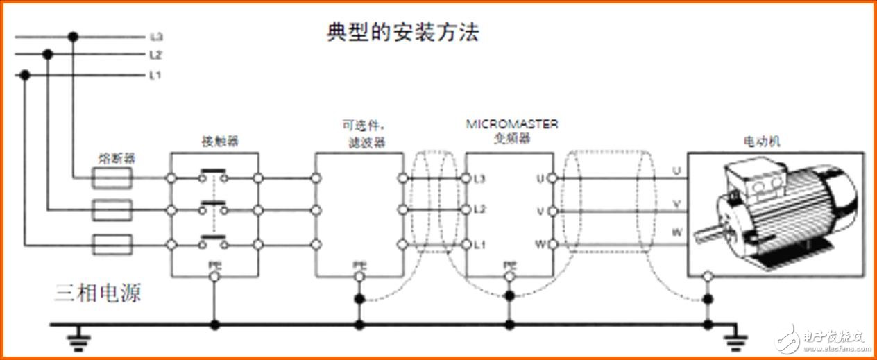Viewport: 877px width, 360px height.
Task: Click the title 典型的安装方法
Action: point(402,33)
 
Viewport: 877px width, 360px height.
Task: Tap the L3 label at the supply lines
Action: point(155,36)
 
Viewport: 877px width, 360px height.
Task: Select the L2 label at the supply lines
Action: point(155,55)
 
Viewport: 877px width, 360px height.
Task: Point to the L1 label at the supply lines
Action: point(155,74)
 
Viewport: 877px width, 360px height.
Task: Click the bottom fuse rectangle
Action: point(112,244)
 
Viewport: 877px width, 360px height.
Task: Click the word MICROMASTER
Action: point(511,125)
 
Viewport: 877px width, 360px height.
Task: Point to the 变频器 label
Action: point(511,138)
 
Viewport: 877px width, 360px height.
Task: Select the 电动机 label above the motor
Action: point(762,141)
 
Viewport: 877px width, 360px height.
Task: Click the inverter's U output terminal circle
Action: point(552,179)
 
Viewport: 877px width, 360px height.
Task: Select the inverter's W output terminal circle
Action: point(552,244)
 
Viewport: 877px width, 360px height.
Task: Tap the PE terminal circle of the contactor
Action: point(214,277)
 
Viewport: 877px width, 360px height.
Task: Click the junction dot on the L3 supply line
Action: point(73,36)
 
